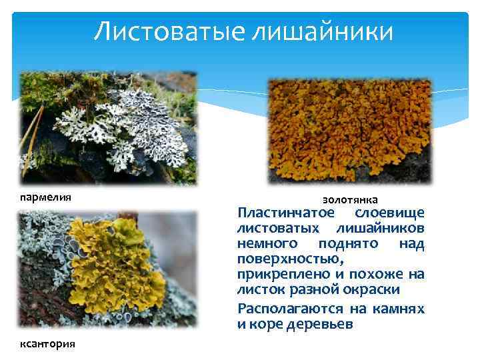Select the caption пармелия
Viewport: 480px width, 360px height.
coord(45,197)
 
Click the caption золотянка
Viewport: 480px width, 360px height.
coord(350,199)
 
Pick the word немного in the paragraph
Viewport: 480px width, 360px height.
coord(265,244)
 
